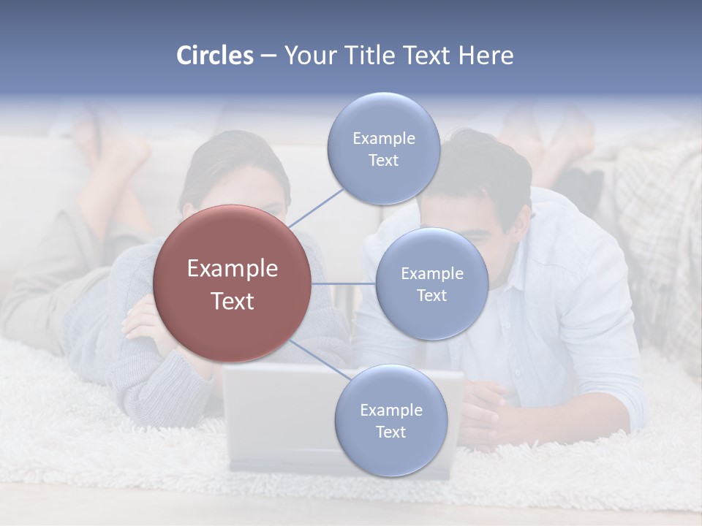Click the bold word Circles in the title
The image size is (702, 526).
214,56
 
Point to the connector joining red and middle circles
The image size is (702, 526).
343,283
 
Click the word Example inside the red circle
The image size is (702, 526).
233,269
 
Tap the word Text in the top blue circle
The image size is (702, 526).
383,161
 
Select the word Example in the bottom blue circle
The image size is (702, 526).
391,411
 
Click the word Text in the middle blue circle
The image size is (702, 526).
431,296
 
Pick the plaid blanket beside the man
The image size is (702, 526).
658,219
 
